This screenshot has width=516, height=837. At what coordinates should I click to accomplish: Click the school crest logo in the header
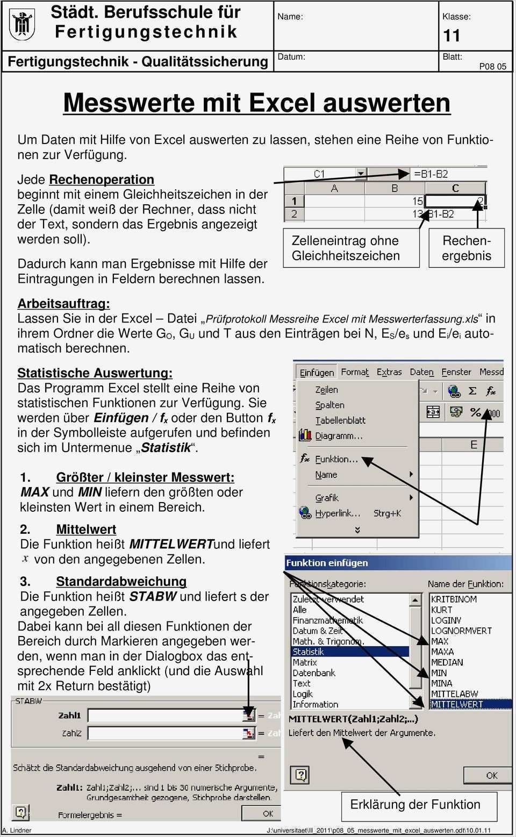(22, 25)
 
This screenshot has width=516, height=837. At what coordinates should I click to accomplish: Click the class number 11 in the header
(451, 36)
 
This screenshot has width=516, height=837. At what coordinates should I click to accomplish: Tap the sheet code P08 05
(492, 67)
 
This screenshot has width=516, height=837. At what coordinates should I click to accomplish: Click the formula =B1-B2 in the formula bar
(431, 174)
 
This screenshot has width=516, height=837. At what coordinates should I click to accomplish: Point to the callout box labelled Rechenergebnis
(467, 248)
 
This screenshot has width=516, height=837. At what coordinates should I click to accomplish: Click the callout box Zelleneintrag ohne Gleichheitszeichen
(351, 248)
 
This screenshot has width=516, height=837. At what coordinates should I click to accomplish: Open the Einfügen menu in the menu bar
(317, 373)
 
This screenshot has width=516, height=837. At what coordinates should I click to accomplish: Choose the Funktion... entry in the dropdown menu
(336, 459)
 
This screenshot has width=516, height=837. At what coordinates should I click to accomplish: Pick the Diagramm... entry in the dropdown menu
(338, 436)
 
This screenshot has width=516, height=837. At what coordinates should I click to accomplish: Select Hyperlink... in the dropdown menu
(337, 513)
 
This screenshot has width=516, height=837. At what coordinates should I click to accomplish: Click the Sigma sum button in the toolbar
(472, 391)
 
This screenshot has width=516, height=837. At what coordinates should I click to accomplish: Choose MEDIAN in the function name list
(447, 662)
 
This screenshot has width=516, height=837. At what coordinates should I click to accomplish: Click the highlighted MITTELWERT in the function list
(457, 704)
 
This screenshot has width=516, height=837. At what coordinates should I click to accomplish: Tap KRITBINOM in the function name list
(454, 599)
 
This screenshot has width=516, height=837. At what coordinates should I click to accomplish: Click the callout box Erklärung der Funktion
(415, 805)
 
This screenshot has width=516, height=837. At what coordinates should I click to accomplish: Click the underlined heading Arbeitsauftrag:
(63, 304)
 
